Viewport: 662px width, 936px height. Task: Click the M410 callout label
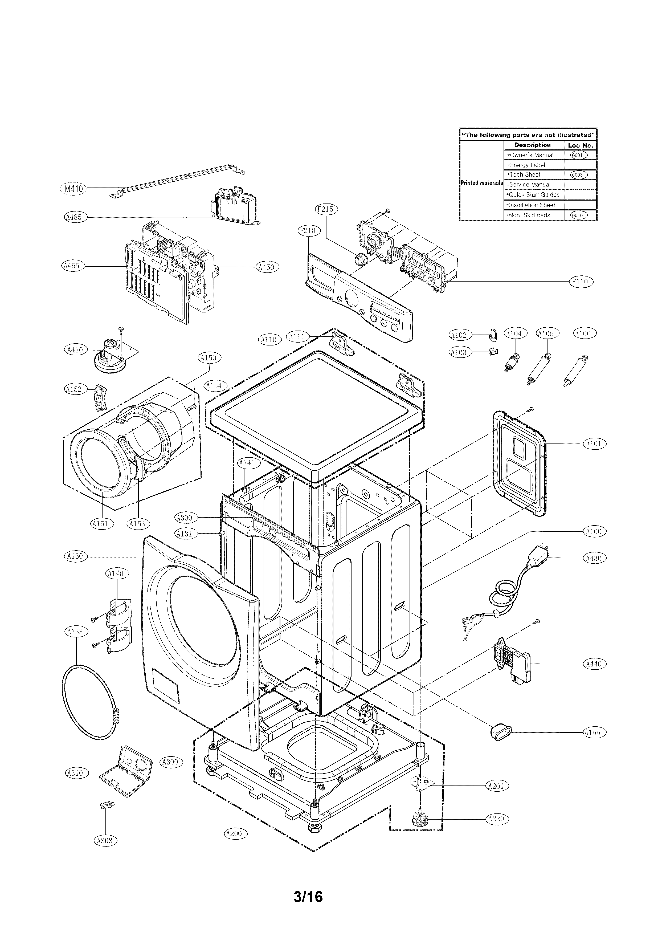(73, 189)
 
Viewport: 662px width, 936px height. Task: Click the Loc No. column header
(580, 145)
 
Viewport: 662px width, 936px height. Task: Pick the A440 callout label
(594, 664)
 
